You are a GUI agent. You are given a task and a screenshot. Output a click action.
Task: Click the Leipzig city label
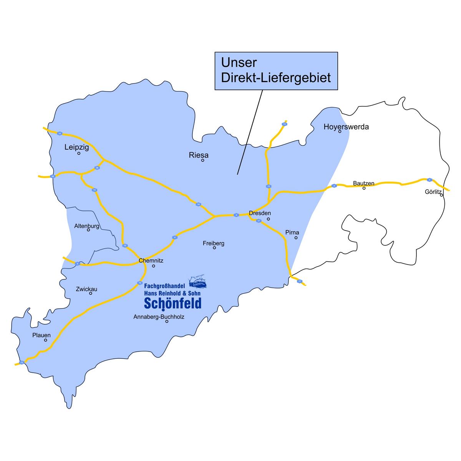point(77,147)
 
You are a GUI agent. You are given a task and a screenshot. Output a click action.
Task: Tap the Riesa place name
point(199,155)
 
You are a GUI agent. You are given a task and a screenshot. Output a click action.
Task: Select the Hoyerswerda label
point(346,126)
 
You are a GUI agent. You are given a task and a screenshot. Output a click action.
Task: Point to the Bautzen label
point(363,184)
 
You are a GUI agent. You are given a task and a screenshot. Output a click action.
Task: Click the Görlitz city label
point(433,191)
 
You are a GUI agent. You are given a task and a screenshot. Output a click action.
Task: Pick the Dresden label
point(260,213)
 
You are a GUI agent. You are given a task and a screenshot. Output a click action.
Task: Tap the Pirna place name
point(292,232)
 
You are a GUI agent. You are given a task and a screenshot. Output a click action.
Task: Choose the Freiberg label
point(214,243)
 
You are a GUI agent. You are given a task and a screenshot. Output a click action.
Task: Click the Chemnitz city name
point(151,260)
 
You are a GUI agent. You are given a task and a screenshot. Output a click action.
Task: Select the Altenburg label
point(87,226)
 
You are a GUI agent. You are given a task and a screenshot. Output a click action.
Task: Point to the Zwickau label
point(86,289)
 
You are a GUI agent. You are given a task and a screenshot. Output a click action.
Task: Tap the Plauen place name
point(41,335)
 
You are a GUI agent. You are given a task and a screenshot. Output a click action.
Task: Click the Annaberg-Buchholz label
point(159,317)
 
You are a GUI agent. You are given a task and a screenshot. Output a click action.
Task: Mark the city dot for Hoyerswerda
point(340,131)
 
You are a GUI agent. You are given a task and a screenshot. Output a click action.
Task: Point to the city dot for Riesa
point(202,160)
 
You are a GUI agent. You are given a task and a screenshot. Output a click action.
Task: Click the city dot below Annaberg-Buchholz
point(167,321)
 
